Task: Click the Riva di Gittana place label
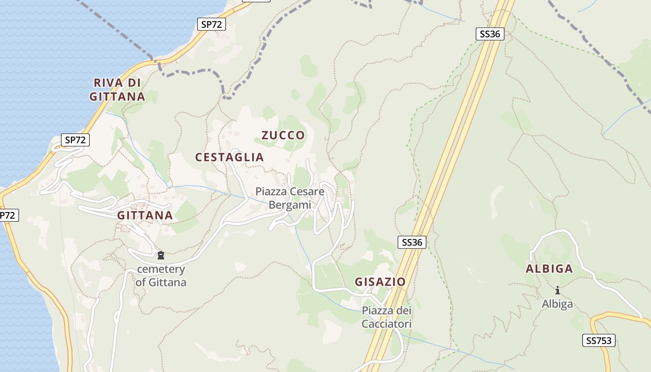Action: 117,90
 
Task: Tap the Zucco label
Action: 283,135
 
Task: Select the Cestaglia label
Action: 229,157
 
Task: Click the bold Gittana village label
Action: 145,215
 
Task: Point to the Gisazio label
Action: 380,282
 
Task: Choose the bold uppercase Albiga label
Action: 549,269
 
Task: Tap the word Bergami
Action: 289,205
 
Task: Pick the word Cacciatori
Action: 387,324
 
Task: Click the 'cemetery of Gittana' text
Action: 161,276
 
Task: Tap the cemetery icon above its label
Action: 161,255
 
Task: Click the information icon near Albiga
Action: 557,291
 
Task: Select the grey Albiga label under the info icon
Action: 557,304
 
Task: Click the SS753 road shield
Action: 598,341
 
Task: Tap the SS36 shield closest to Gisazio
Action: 412,242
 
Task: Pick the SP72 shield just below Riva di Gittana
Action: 75,140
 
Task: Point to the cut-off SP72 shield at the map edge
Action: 8,215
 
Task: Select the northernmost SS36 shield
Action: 490,34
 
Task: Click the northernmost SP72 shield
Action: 212,25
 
